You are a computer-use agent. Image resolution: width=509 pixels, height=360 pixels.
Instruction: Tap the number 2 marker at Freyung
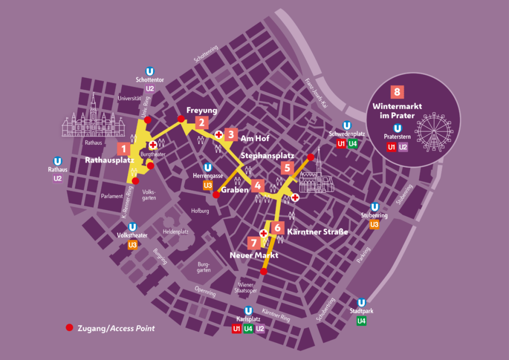(201, 122)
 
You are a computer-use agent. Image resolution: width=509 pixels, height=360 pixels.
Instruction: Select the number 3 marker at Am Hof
(231, 134)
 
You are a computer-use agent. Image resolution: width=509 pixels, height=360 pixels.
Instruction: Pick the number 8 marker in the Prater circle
(397, 91)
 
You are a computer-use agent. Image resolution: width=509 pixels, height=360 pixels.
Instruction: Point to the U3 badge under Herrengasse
(208, 185)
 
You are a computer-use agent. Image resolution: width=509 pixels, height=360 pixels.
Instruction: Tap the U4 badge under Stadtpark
(362, 321)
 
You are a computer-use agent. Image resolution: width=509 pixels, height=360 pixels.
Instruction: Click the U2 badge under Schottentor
(150, 89)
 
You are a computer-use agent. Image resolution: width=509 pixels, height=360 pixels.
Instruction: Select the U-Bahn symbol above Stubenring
(375, 207)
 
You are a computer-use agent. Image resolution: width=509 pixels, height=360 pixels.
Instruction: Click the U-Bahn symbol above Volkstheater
(132, 227)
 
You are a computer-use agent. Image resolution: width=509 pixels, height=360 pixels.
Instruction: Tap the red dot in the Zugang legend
(69, 328)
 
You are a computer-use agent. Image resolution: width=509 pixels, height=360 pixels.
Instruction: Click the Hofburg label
(200, 211)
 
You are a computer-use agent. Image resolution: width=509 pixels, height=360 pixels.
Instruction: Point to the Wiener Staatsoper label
(246, 288)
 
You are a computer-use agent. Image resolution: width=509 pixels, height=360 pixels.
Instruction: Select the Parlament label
(111, 196)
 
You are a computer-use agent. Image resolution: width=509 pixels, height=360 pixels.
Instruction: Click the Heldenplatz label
(175, 232)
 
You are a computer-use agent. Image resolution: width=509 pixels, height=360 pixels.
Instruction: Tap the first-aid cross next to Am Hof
(218, 135)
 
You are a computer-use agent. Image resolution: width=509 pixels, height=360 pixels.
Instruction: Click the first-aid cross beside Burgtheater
(153, 145)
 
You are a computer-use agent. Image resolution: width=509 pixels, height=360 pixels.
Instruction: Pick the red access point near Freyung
(181, 118)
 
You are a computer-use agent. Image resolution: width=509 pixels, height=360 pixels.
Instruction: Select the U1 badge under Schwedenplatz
(341, 144)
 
